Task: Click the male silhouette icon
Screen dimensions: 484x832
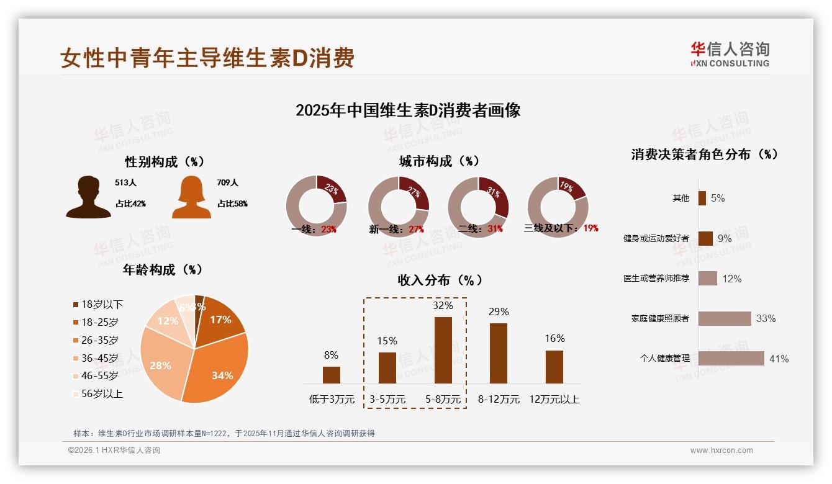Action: [89, 197]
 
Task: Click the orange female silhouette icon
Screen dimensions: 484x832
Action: [191, 197]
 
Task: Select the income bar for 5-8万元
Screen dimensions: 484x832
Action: [443, 350]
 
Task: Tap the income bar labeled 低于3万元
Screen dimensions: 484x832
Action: [331, 375]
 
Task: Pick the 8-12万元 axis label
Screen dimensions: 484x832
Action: [499, 400]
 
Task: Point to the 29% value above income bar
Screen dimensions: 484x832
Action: [499, 311]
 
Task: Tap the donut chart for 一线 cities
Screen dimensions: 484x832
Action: [316, 206]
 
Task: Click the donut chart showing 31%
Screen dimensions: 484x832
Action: [478, 206]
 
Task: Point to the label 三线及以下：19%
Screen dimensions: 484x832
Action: [561, 228]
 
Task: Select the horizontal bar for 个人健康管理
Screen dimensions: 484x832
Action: [731, 358]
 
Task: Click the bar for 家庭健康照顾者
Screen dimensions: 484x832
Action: [724, 318]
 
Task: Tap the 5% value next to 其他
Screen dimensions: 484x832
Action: [718, 198]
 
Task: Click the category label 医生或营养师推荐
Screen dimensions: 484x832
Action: [656, 279]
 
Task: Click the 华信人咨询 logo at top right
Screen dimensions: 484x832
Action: [730, 54]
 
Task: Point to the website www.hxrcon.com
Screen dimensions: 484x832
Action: [721, 450]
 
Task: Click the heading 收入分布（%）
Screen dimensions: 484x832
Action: [440, 280]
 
